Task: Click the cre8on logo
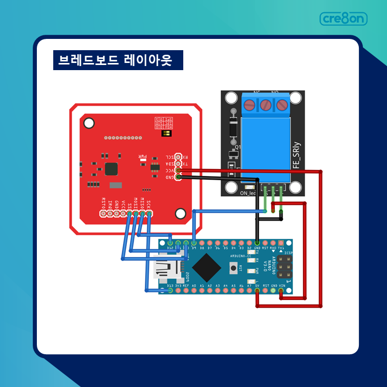(343, 19)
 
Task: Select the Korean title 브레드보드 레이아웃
(115, 60)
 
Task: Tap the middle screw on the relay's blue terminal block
(266, 105)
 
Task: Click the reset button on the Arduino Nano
(234, 267)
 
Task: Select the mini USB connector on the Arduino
(166, 267)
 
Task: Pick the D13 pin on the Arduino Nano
(170, 291)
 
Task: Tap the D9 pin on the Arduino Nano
(194, 242)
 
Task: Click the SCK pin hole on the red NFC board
(149, 213)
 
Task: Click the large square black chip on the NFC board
(111, 169)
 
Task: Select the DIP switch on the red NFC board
(166, 133)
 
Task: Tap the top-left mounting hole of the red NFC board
(89, 123)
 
